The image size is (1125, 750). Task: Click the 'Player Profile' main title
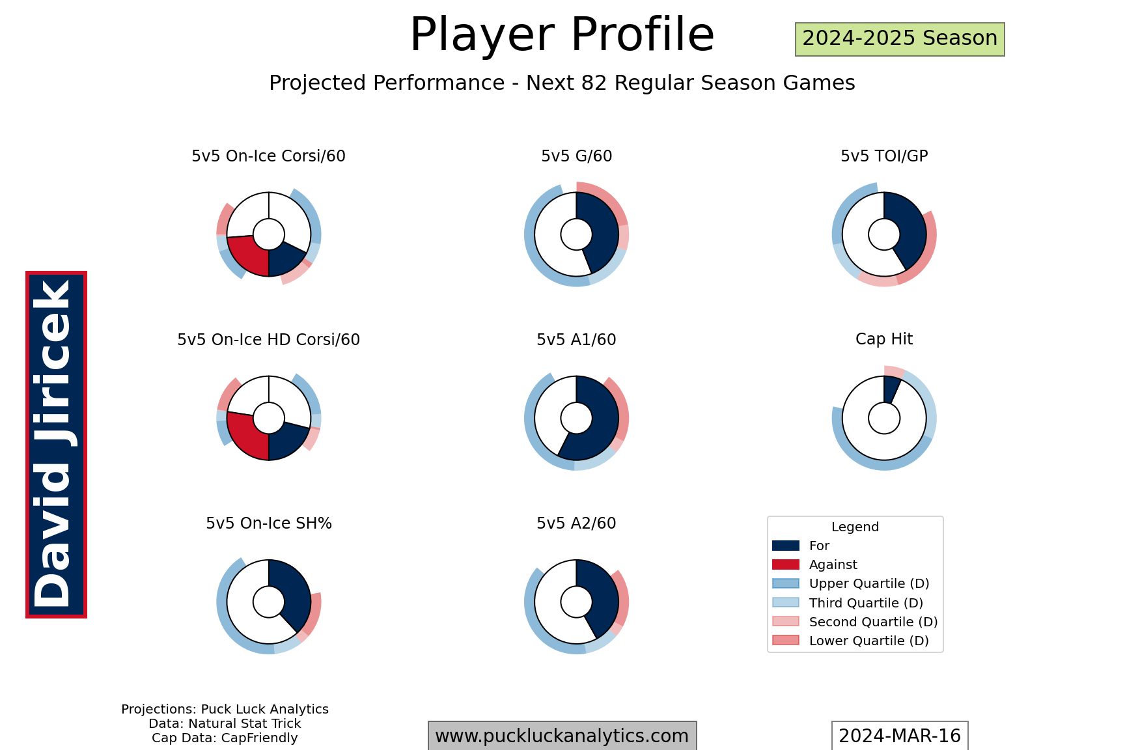[x=562, y=35]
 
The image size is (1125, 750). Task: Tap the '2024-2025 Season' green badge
[x=900, y=39]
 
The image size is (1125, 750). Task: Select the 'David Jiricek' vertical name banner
[x=56, y=445]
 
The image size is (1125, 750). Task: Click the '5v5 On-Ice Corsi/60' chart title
[x=268, y=156]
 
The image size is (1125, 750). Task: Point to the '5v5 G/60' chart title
[x=576, y=156]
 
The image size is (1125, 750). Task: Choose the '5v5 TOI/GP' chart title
[x=884, y=156]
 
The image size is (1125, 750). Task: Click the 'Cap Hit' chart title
[x=884, y=339]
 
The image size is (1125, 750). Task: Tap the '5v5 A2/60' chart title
[x=576, y=523]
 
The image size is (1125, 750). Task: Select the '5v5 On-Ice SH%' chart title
[x=268, y=523]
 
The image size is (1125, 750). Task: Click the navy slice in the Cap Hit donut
[x=891, y=389]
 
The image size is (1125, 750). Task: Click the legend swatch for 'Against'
[x=785, y=564]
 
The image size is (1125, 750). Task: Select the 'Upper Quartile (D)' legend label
[x=869, y=584]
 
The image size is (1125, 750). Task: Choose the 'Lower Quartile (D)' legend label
[x=869, y=641]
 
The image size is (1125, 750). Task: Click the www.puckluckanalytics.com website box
[x=562, y=736]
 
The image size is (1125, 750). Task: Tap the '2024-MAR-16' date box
[x=900, y=736]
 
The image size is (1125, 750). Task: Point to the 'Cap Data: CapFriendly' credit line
[x=225, y=738]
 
